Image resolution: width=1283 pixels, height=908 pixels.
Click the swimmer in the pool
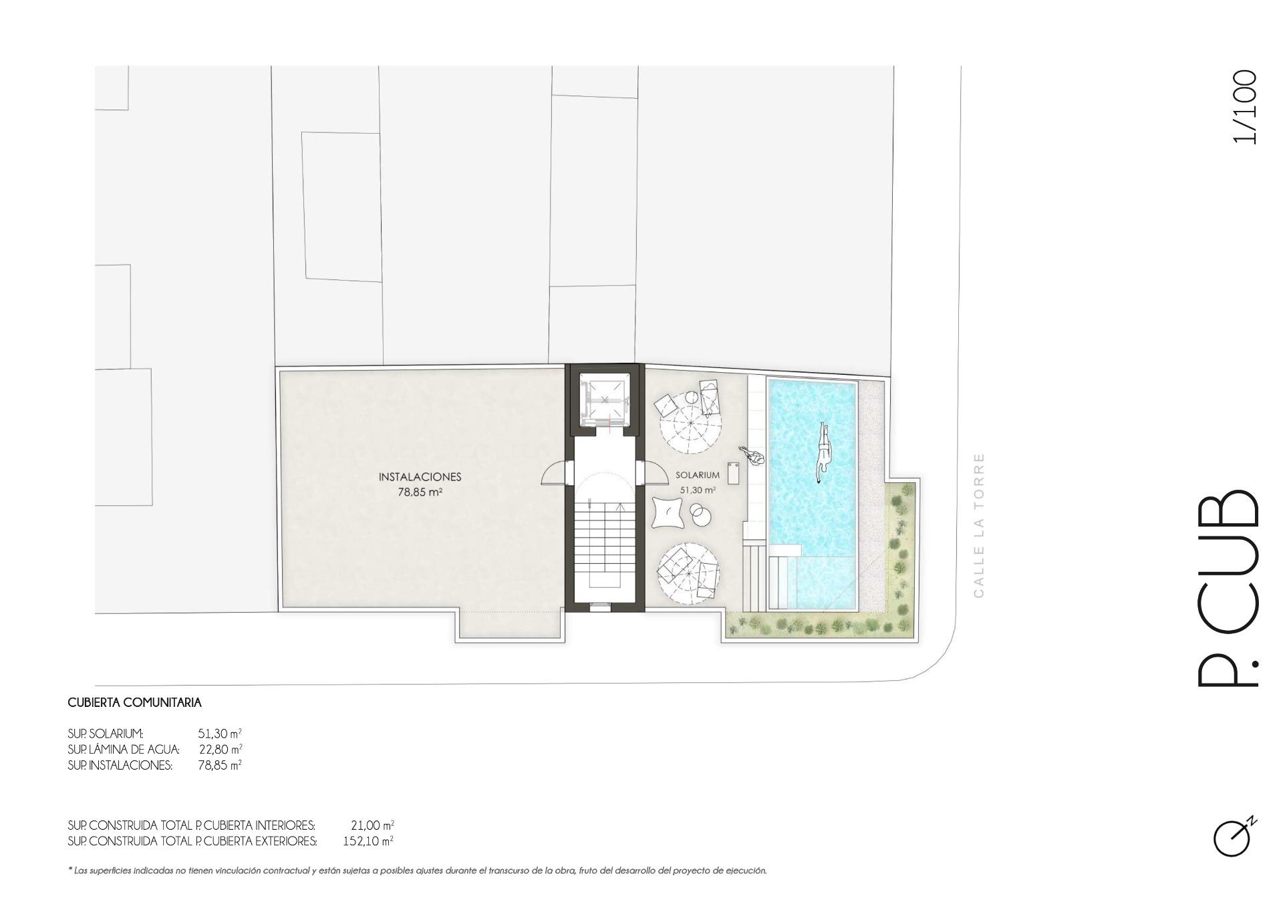pos(824,452)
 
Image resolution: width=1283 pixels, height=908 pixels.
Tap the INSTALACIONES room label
pos(420,477)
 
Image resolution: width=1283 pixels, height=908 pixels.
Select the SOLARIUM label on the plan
pos(698,476)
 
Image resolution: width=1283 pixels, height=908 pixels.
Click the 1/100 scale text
pos(1245,107)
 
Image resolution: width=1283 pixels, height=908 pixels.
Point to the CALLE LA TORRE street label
pos(979,525)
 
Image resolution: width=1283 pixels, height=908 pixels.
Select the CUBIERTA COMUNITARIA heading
pos(134,703)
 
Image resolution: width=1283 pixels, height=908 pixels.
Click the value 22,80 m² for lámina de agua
pos(221,749)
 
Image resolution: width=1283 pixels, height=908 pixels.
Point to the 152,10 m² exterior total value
pos(368,841)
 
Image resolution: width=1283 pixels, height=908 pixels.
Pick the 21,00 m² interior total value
pos(372,825)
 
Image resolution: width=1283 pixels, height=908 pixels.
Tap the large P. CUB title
pos(1227,589)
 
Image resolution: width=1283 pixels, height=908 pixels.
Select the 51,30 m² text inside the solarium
pos(698,490)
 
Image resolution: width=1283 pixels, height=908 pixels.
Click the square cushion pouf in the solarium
pos(668,513)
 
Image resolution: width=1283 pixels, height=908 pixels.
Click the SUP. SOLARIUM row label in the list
pos(106,734)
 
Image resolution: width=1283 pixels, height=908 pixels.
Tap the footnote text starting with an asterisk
pos(417,871)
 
